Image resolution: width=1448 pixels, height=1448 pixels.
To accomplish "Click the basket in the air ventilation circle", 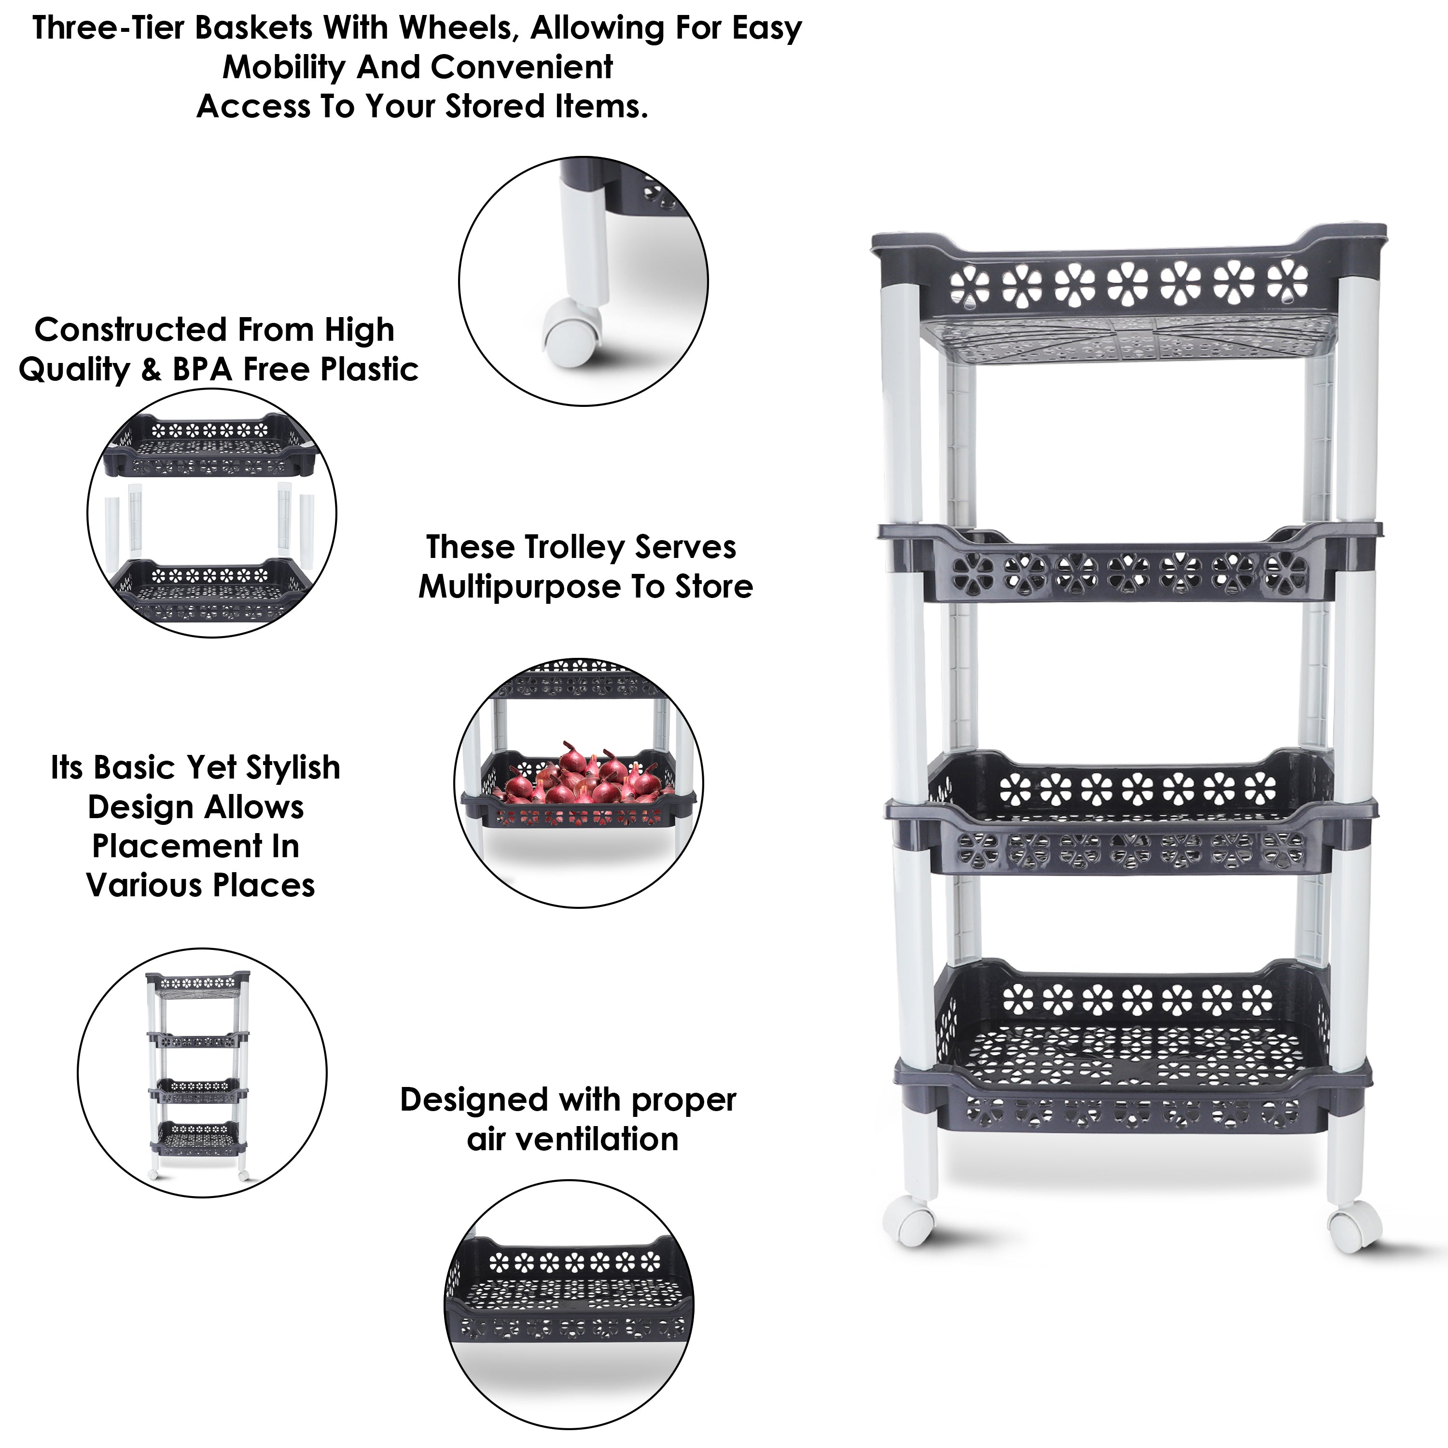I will click(x=570, y=1296).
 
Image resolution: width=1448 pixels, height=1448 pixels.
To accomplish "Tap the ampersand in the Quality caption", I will click(x=152, y=370).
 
